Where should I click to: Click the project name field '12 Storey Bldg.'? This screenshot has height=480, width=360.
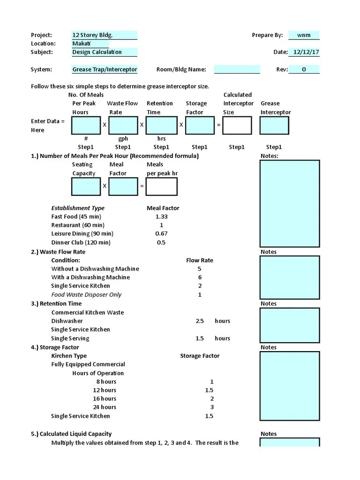tap(104, 35)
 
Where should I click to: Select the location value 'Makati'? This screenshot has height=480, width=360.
tap(90, 44)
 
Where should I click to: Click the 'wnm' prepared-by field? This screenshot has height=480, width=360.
tap(304, 35)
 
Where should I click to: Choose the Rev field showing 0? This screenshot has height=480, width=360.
tap(304, 69)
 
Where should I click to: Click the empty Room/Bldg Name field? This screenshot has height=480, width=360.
tap(237, 69)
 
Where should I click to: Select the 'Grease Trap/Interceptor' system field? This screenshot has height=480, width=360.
tap(105, 69)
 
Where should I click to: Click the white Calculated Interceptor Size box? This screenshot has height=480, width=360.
tap(237, 125)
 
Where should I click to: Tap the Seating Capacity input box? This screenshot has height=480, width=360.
tap(86, 186)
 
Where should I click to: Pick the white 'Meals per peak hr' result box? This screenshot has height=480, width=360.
tap(161, 186)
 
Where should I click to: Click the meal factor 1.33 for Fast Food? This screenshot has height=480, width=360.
tap(161, 217)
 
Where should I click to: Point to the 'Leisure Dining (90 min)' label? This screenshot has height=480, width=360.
tap(82, 233)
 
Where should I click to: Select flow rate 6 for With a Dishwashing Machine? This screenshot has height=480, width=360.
tap(200, 277)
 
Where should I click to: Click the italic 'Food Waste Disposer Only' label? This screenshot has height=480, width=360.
tap(86, 295)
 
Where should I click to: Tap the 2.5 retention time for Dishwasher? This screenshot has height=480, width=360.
tap(200, 321)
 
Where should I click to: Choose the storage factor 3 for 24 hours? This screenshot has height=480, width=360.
tap(212, 407)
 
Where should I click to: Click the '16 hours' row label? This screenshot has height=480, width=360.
tap(105, 398)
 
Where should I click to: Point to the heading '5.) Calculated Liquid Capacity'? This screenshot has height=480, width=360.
tap(71, 434)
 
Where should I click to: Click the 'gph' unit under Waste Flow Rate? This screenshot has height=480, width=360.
tap(123, 139)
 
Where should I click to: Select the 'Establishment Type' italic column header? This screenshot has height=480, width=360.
tap(78, 208)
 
